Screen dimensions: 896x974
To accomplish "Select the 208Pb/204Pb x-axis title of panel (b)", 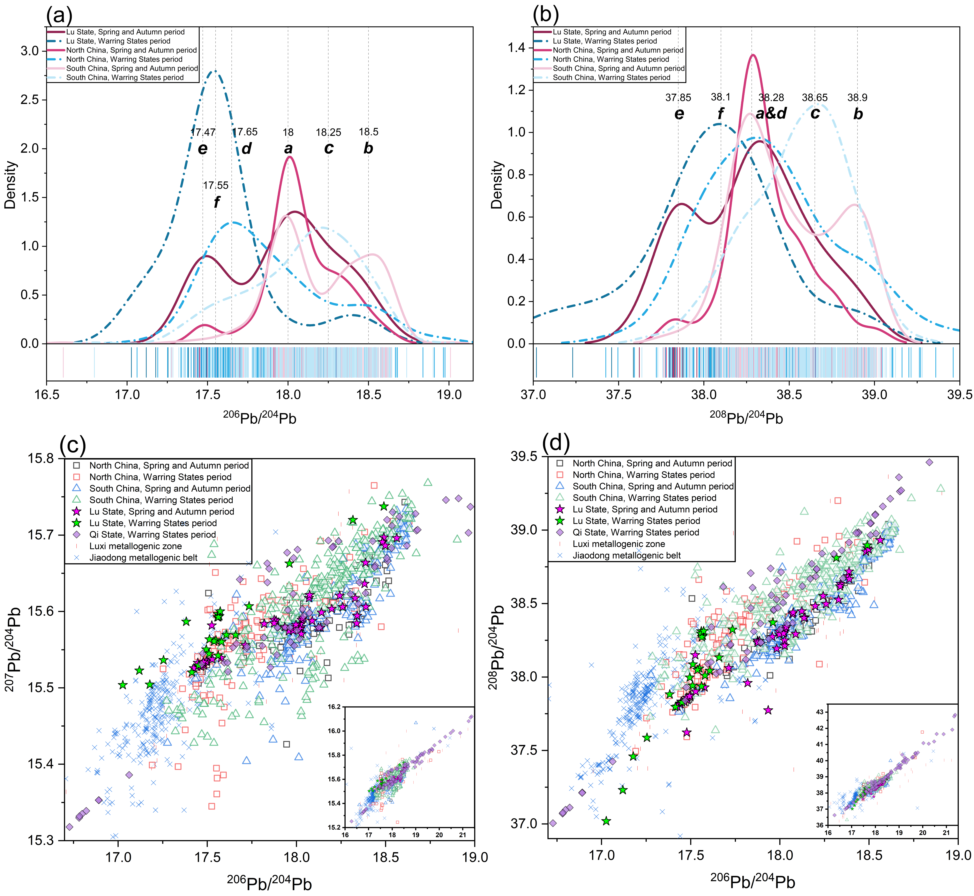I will click(x=746, y=417).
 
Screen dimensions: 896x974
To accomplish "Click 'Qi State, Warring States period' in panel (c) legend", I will click(x=152, y=534).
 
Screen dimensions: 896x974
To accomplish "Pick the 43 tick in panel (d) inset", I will click(x=819, y=712).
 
